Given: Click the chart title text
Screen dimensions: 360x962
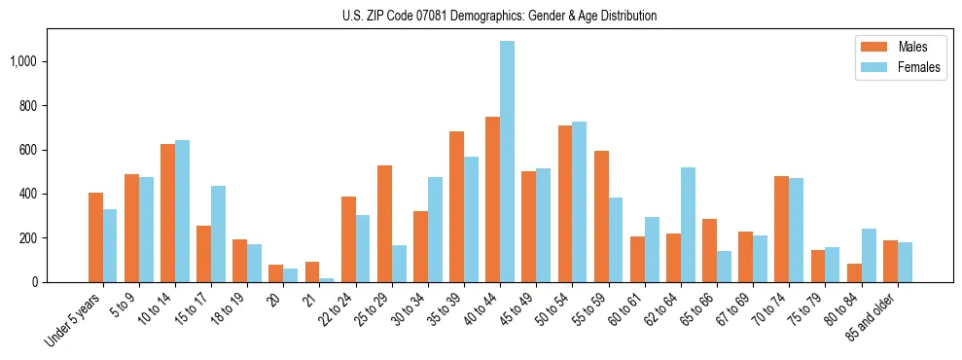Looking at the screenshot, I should pyautogui.click(x=500, y=16).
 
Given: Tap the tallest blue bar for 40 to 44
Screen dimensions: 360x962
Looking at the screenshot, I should pyautogui.click(x=507, y=162).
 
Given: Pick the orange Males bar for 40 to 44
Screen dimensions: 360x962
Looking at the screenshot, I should pyautogui.click(x=492, y=199).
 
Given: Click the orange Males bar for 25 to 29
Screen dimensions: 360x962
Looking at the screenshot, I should pyautogui.click(x=384, y=224).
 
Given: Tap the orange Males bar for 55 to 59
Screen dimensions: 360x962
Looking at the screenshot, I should pyautogui.click(x=601, y=216).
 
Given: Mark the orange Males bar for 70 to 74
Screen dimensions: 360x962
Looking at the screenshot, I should pyautogui.click(x=781, y=229).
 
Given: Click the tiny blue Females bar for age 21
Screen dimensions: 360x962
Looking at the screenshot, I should pyautogui.click(x=326, y=280).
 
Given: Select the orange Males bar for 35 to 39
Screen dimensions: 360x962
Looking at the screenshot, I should pyautogui.click(x=456, y=206).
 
